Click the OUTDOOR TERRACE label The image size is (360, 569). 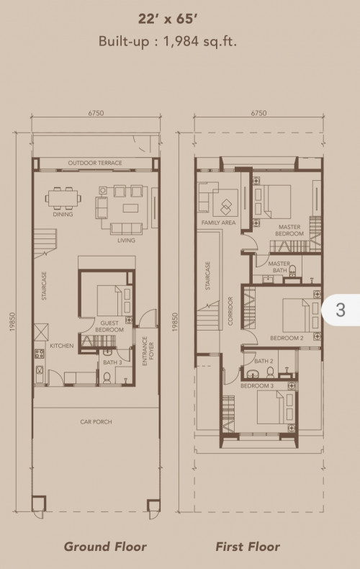point(95,163)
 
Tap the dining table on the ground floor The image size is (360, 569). point(63,198)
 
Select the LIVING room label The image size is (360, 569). point(126,241)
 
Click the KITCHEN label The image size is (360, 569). point(62,346)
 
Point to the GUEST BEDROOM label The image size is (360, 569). point(109,326)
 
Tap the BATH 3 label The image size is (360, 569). point(112,362)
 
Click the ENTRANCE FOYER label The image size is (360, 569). point(148,351)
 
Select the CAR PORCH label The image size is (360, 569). point(96,421)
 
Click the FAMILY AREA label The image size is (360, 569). point(218,223)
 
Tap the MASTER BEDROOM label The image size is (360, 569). point(289,230)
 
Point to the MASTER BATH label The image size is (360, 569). point(279,266)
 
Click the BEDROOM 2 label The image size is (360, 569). point(287,339)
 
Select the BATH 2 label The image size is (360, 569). point(264,361)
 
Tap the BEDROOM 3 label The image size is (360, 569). point(257,386)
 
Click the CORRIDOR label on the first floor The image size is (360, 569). point(230,311)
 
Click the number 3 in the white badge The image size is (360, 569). point(341,310)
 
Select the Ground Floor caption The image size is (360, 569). point(105,547)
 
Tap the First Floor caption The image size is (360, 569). point(248,547)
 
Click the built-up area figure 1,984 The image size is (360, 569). point(181,41)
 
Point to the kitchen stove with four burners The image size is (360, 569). point(39,354)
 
